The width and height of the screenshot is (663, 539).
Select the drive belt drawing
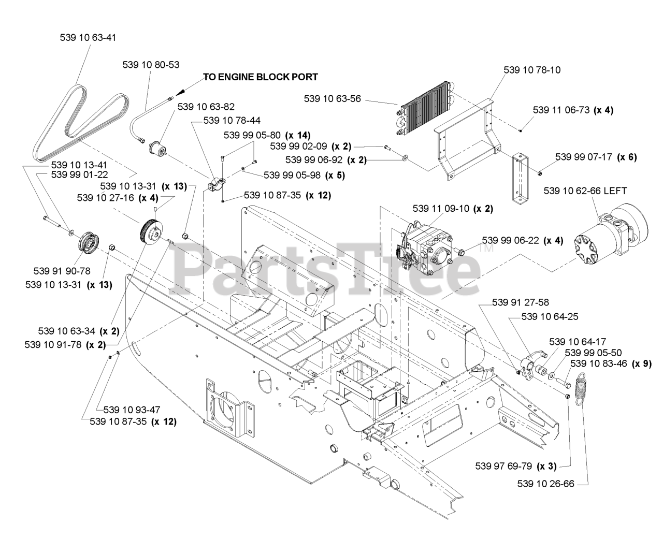coord(78,122)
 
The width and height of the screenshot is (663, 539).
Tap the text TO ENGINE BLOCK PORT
coord(260,77)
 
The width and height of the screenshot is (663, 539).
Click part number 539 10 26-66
coord(545,484)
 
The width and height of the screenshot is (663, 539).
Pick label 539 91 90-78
coord(62,271)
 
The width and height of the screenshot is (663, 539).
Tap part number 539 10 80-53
coord(151,65)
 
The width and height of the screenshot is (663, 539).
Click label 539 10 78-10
coord(532,69)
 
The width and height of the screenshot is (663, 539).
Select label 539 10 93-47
coord(132,410)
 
